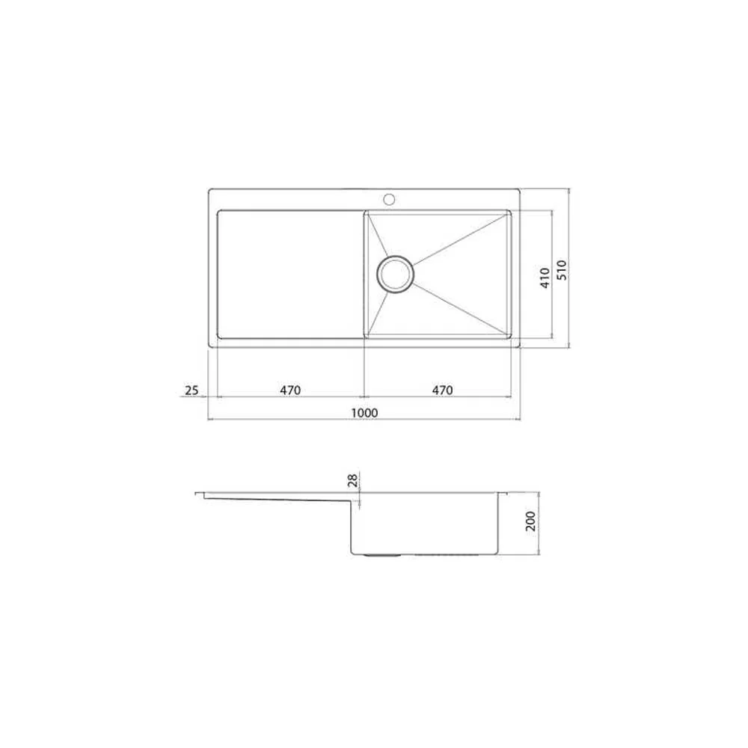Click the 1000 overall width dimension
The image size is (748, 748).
click(364, 413)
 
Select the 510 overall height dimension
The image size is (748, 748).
click(562, 270)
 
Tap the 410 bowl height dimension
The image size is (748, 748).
click(545, 278)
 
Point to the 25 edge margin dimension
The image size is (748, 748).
click(191, 390)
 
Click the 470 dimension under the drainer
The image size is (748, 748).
click(290, 390)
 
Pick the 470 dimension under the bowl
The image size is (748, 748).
click(442, 390)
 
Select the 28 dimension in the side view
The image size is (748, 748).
click(353, 480)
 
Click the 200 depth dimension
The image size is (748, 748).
click(530, 521)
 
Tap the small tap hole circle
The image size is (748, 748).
click(389, 198)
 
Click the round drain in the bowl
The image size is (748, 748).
click(396, 274)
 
